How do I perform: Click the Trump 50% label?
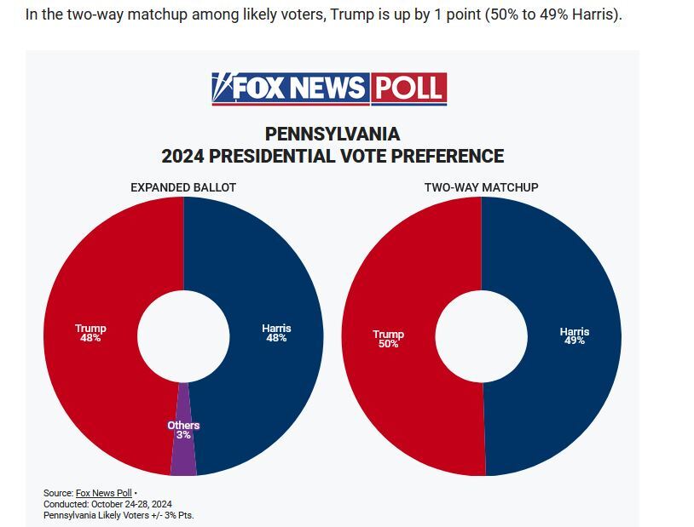388,339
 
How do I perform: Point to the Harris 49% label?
574,335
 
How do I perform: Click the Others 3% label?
183,430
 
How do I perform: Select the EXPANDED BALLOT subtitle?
183,187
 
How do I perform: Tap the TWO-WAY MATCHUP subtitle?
481,187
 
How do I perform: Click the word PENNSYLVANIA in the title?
333,135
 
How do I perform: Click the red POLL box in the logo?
408,89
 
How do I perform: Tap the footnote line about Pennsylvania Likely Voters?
119,515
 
